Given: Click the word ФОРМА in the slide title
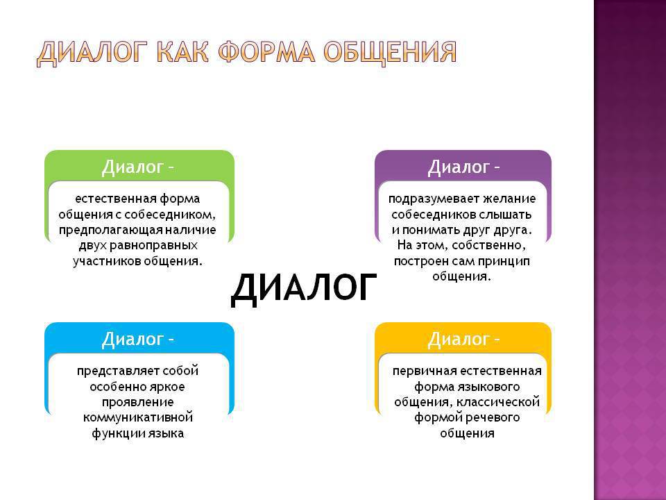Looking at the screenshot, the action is [266, 52].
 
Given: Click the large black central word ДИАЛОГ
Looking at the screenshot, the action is [304, 287].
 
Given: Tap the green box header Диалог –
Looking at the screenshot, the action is [137, 167].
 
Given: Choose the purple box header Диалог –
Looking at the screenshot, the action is [463, 167].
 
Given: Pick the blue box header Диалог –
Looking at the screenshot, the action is [137, 339].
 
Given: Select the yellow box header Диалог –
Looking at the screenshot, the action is [463, 339].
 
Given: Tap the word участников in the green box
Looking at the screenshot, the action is [107, 261].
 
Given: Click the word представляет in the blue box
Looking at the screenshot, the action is [117, 371].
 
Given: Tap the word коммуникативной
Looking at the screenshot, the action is [137, 417].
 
